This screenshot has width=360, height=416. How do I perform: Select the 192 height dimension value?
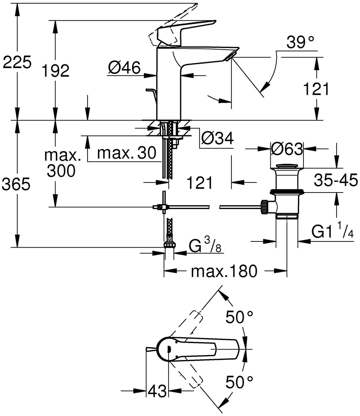pyautogui.click(x=55, y=71)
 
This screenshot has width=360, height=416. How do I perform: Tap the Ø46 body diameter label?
pyautogui.click(x=124, y=68)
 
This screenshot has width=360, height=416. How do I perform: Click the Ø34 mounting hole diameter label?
pyautogui.click(x=217, y=138)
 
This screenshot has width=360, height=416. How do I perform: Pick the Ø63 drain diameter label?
pyautogui.click(x=287, y=149)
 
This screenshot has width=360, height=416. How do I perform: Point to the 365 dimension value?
pyautogui.click(x=17, y=185)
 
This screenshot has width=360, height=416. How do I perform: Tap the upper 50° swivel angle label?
pyautogui.click(x=239, y=317)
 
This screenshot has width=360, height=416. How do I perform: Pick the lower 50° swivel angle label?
pyautogui.click(x=239, y=383)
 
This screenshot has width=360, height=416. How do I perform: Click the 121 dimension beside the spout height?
pyautogui.click(x=316, y=89)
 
